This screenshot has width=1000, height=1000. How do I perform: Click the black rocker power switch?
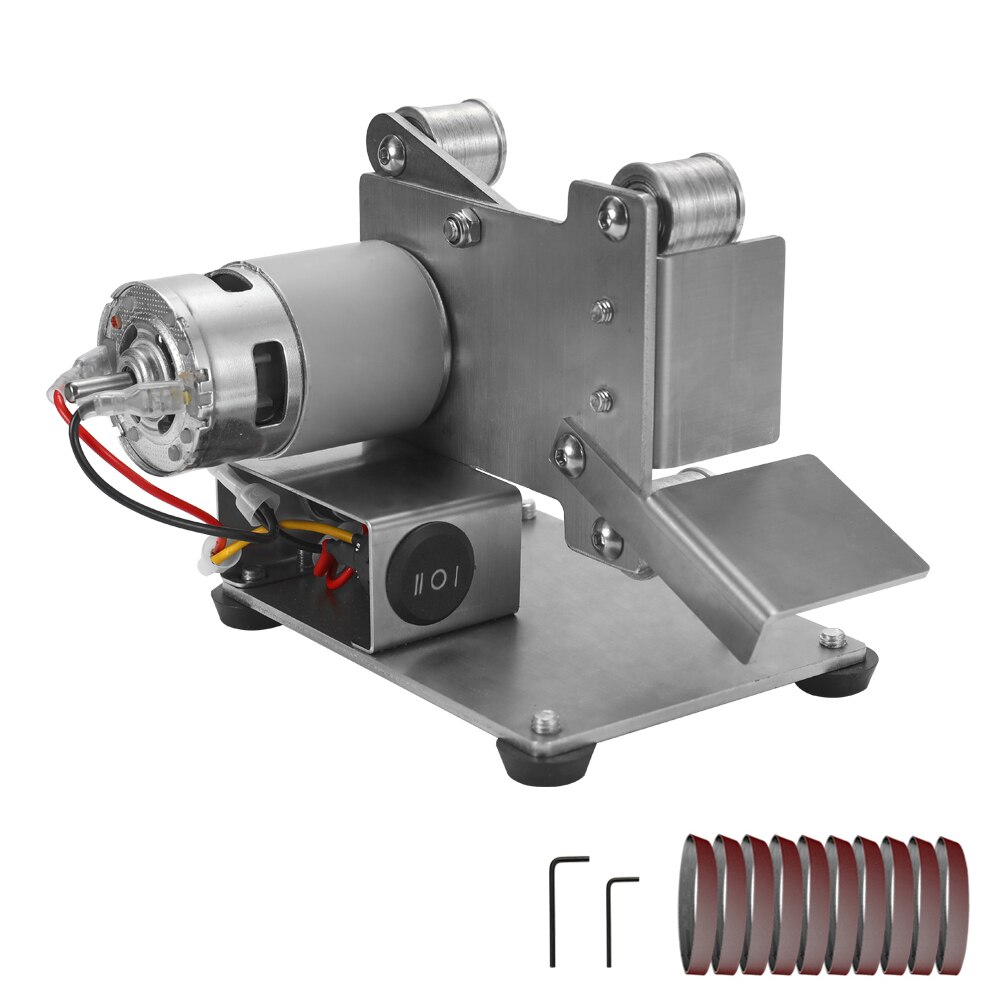[431, 579]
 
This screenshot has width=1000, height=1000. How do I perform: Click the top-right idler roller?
[690, 205]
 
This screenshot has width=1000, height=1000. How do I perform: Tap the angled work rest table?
[790, 530]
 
